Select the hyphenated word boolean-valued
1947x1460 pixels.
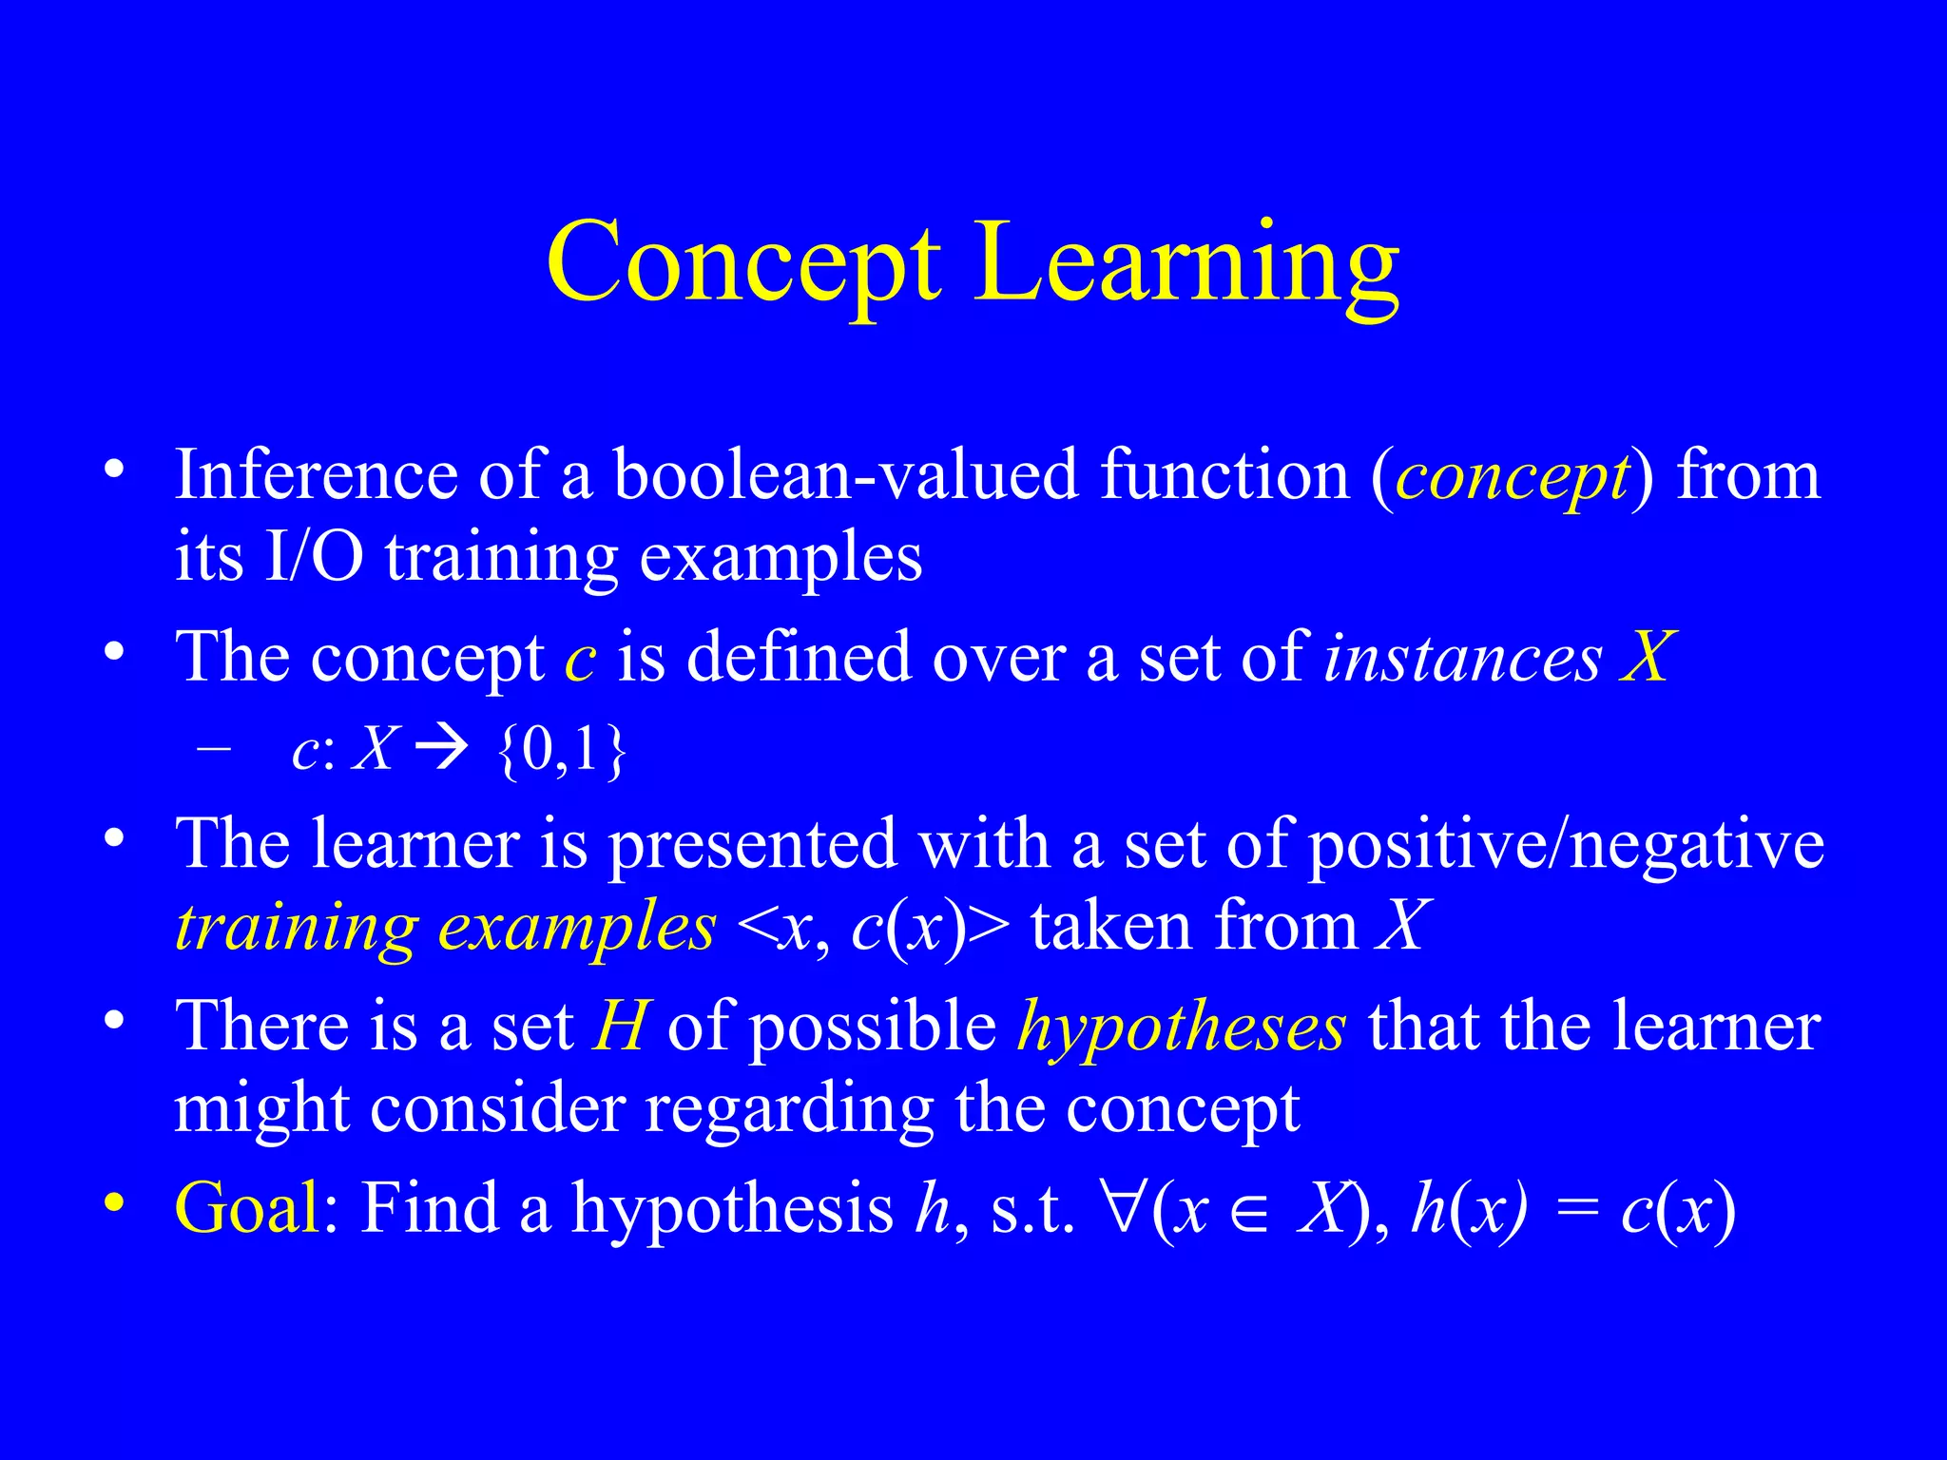pyautogui.click(x=846, y=474)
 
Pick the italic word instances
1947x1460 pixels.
pyautogui.click(x=1463, y=658)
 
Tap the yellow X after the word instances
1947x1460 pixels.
pyautogui.click(x=1646, y=657)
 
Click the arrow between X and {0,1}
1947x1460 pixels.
pyautogui.click(x=444, y=750)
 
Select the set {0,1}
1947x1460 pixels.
pyautogui.click(x=562, y=750)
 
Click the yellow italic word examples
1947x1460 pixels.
pyautogui.click(x=576, y=927)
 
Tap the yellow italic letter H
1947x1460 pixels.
pyautogui.click(x=620, y=1027)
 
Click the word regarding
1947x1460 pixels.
pyautogui.click(x=789, y=1109)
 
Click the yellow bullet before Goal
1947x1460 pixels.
pyautogui.click(x=114, y=1202)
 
